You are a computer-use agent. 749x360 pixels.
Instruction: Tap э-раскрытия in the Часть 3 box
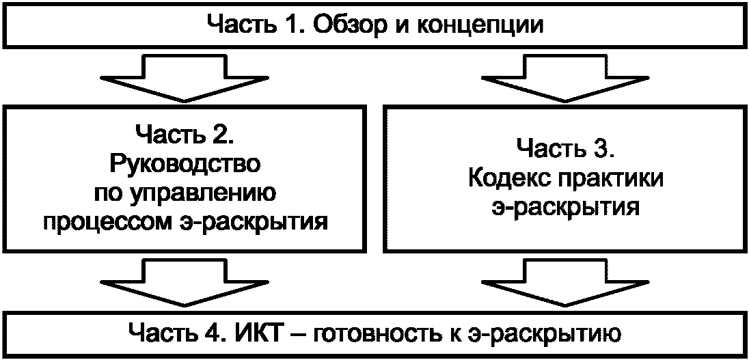coord(565,206)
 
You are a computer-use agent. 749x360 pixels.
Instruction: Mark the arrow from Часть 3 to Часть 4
coord(565,284)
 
